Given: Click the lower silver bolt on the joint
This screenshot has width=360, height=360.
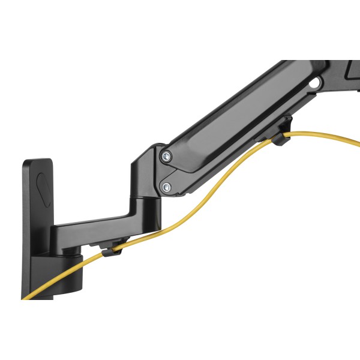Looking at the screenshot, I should [166, 188].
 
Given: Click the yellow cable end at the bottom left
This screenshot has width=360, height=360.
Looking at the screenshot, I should [27, 296].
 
